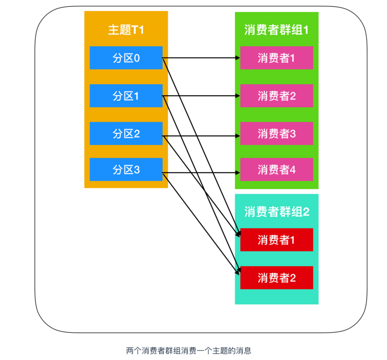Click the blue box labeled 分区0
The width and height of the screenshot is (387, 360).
point(126,58)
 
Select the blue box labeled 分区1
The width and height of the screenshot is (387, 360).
point(126,96)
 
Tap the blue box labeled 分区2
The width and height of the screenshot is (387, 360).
point(126,133)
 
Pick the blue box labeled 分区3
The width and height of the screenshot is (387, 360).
point(126,170)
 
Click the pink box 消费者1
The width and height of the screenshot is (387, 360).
point(276,58)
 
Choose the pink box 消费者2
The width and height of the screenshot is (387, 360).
point(276,96)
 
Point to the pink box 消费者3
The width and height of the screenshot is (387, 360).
point(276,133)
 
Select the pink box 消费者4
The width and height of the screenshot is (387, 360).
point(276,170)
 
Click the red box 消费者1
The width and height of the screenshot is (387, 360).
point(276,240)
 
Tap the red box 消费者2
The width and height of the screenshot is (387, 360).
point(276,278)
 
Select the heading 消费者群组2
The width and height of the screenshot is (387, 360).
point(276,211)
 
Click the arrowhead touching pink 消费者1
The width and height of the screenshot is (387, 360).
point(238,58)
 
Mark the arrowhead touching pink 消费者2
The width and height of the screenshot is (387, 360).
point(238,96)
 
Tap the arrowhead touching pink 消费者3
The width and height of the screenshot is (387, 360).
point(238,134)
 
